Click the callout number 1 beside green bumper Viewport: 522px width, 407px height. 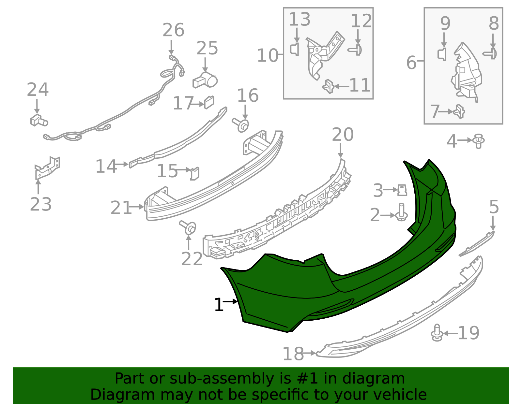219,305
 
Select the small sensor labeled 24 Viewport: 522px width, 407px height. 39,121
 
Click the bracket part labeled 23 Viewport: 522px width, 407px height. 47,167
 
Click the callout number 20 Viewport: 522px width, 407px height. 343,135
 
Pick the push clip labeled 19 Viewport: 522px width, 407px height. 437,333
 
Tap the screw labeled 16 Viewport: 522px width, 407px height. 241,124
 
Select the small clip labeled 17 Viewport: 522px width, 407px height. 209,102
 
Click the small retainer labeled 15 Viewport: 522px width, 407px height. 195,173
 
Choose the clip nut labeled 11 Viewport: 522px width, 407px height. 329,86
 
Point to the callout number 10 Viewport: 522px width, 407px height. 268,56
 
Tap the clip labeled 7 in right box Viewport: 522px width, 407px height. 459,111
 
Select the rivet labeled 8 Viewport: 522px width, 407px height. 490,54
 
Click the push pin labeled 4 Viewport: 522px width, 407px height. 479,141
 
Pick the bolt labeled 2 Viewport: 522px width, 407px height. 401,212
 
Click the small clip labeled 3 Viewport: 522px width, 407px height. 402,190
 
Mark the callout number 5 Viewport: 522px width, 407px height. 494,207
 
